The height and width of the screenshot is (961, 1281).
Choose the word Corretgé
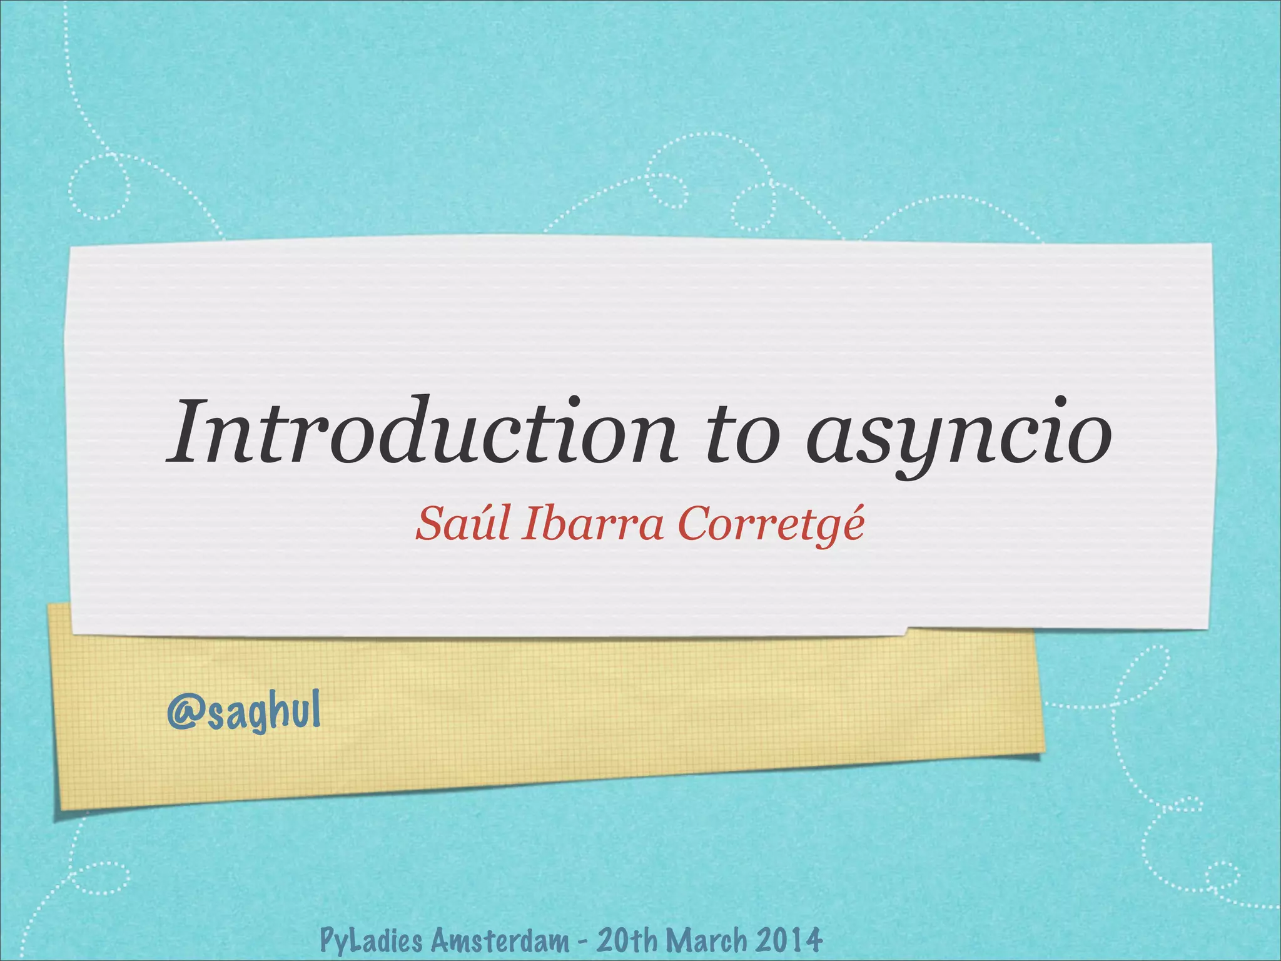click(771, 524)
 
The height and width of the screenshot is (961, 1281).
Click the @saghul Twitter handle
click(244, 713)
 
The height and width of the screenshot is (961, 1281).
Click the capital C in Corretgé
click(694, 524)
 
